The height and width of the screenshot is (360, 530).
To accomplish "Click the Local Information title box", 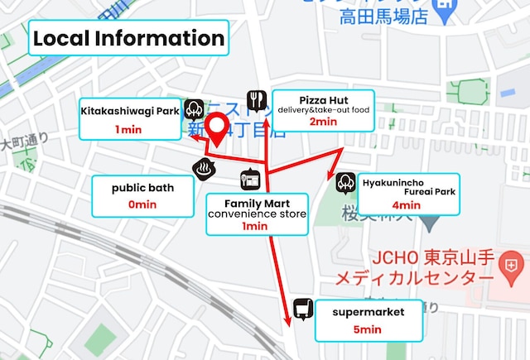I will [x=128, y=38].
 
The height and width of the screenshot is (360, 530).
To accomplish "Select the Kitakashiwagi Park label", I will [x=130, y=110].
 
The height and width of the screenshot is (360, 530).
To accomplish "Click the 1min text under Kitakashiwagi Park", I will [x=129, y=129].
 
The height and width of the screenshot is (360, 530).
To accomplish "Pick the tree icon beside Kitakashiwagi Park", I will [x=195, y=108].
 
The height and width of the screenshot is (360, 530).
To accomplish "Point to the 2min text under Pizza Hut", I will [x=323, y=122].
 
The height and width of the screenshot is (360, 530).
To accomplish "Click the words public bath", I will [x=142, y=188].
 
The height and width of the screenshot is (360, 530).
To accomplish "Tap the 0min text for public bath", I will [x=142, y=204].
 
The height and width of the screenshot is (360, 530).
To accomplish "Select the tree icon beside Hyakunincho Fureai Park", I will [x=345, y=184].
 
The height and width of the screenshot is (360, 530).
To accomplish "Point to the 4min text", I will [x=406, y=205].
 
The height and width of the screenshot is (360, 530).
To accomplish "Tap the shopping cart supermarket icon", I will [x=302, y=310].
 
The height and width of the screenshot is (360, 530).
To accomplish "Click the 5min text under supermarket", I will [x=368, y=329].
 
